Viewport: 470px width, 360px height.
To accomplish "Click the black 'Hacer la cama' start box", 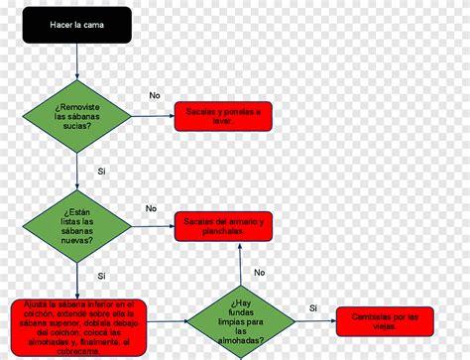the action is tap(76, 24).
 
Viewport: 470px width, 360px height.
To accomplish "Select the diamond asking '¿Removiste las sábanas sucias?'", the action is tap(76, 115).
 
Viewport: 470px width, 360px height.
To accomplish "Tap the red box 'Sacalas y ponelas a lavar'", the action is tap(223, 116).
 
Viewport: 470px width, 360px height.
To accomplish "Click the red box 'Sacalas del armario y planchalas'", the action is tap(223, 225).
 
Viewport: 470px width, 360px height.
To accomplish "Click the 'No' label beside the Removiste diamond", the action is tap(155, 95).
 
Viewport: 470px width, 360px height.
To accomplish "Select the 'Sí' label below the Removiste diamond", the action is tap(101, 172).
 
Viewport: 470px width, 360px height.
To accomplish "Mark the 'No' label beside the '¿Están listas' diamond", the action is tap(151, 208).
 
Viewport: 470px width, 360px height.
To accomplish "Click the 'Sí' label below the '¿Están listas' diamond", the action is tap(101, 276).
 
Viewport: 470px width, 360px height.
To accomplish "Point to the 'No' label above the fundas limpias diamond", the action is tap(260, 272).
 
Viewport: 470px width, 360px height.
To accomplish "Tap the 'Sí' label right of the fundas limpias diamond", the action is tap(313, 308).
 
